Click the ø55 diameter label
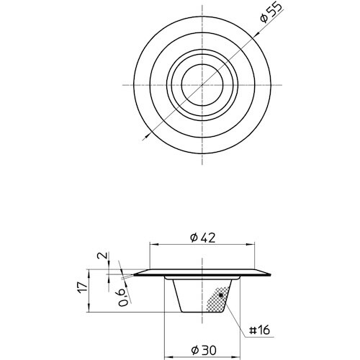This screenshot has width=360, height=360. pos(272,13)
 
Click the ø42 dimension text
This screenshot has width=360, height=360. pos(202,238)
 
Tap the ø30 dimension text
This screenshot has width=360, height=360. pos(204,351)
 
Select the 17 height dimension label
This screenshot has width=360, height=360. pos(83,287)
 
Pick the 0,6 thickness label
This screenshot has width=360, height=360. pos(125,297)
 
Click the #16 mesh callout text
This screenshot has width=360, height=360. pos(260,330)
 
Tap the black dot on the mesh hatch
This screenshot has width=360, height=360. pos(221,295)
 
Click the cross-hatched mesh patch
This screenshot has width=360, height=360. pos(217,300)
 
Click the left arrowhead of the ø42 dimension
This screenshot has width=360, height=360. pos(154,244)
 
